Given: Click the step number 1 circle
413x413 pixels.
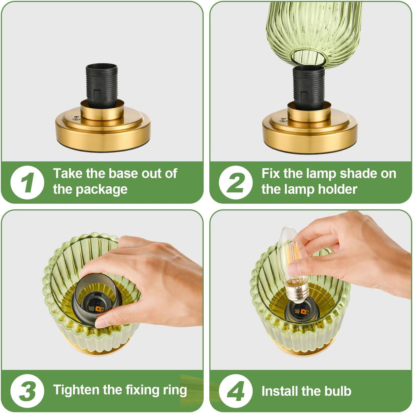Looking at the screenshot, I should coord(27,182).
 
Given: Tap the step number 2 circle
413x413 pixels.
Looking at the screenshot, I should coord(236,182).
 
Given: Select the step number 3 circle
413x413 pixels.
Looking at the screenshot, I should coord(27,390).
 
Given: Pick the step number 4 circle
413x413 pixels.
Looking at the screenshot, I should coord(236,390).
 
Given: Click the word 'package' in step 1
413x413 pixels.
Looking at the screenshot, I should coord(102,190).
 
